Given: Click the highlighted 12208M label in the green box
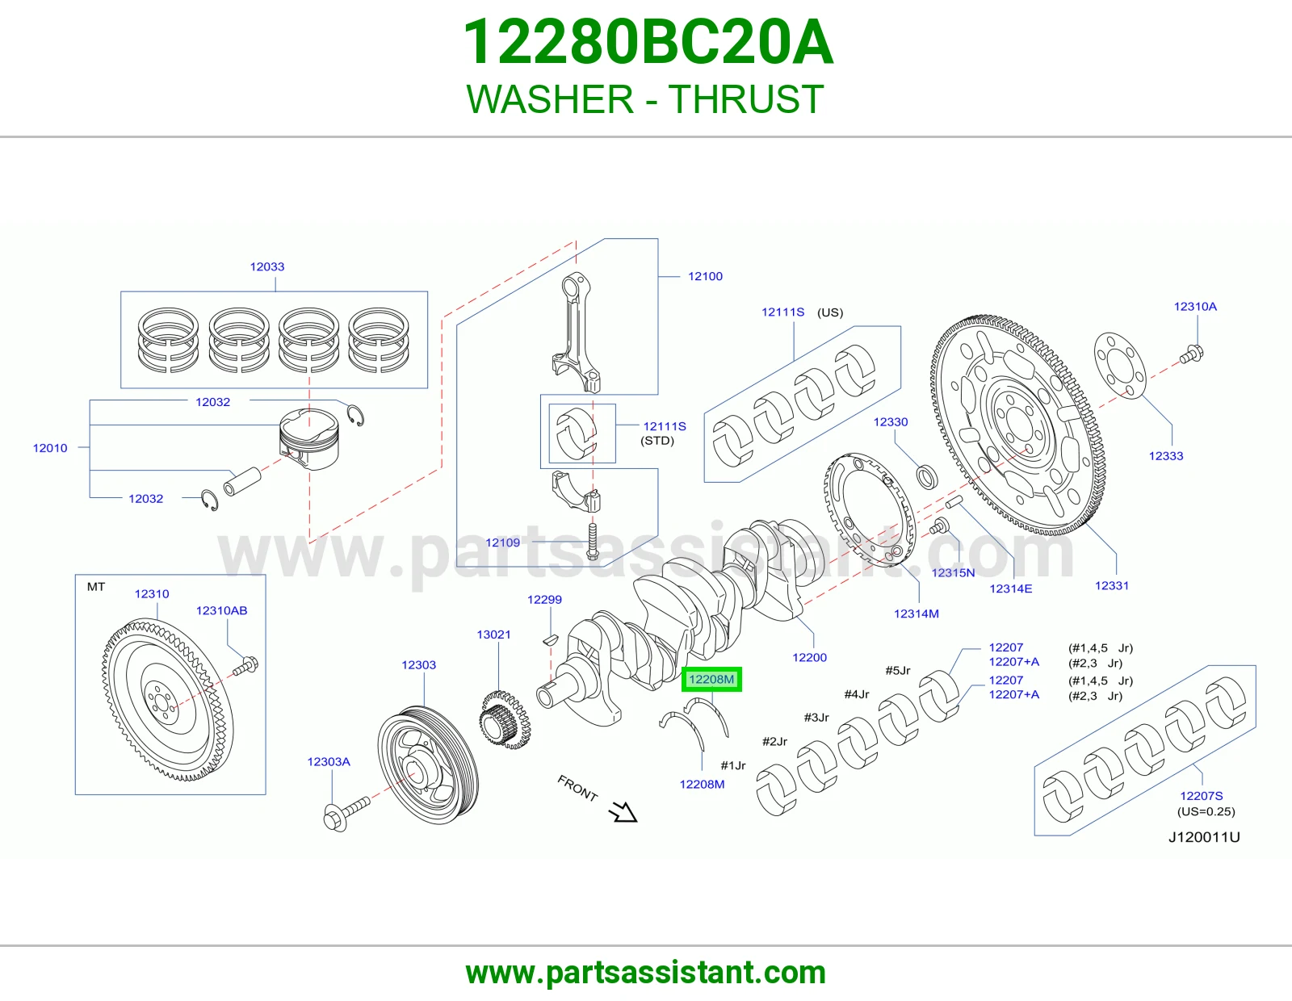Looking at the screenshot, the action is pyautogui.click(x=711, y=679).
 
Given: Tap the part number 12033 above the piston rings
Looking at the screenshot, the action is pyautogui.click(x=267, y=266).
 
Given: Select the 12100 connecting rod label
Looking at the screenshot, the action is pyautogui.click(x=705, y=276).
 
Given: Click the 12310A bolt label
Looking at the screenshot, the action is pyautogui.click(x=1195, y=306).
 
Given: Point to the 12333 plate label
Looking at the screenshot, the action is pyautogui.click(x=1166, y=456).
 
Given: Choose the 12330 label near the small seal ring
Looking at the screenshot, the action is pyautogui.click(x=891, y=422).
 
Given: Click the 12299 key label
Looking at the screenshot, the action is pyautogui.click(x=544, y=599).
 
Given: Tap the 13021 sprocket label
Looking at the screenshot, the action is pyautogui.click(x=493, y=635).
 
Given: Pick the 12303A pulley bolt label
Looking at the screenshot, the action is pyautogui.click(x=329, y=761).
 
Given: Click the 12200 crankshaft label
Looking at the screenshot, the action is pyautogui.click(x=810, y=657).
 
